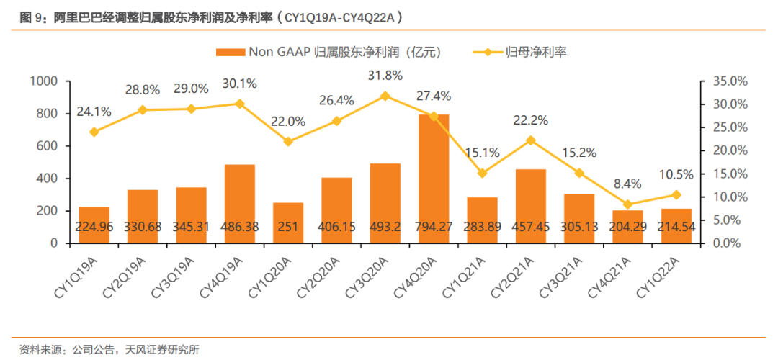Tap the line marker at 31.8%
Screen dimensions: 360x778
coord(385,96)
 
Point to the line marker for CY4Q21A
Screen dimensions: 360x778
coord(627,204)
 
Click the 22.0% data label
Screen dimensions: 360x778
coord(288,122)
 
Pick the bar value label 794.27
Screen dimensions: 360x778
coord(434,228)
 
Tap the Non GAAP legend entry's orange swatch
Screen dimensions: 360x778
coord(230,52)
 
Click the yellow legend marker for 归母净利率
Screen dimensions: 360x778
coord(487,52)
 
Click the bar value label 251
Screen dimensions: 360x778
coord(288,228)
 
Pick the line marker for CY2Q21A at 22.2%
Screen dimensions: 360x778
coord(531,140)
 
